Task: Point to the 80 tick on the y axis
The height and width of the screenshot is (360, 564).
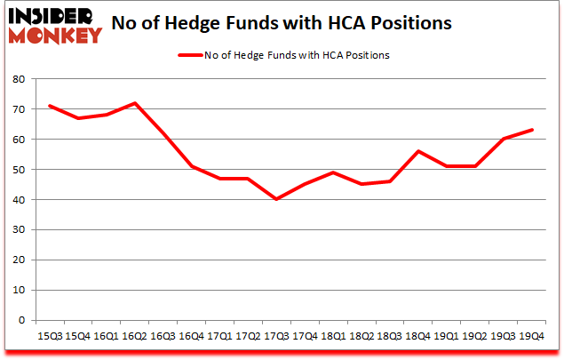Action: click(19, 79)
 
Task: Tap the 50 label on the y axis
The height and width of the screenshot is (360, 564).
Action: click(19, 170)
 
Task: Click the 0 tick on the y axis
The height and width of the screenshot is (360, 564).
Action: click(22, 320)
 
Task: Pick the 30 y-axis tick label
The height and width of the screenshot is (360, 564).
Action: click(19, 230)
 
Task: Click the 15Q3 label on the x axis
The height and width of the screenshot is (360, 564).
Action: click(48, 335)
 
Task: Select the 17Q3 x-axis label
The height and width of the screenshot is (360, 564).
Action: click(276, 335)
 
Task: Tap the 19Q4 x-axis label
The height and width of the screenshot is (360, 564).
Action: click(532, 335)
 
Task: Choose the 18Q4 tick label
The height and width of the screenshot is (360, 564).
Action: click(418, 335)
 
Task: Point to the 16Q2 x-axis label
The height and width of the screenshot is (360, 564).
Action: click(133, 335)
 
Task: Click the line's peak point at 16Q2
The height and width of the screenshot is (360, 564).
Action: click(133, 103)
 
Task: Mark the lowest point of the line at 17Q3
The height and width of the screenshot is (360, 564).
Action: click(276, 199)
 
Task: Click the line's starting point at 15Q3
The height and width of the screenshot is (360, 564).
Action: click(48, 106)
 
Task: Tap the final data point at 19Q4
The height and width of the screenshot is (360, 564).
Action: click(532, 130)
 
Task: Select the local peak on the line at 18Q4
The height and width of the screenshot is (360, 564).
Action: click(418, 151)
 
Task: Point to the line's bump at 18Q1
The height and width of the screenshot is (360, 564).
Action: click(333, 172)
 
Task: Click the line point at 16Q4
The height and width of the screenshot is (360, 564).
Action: click(190, 166)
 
